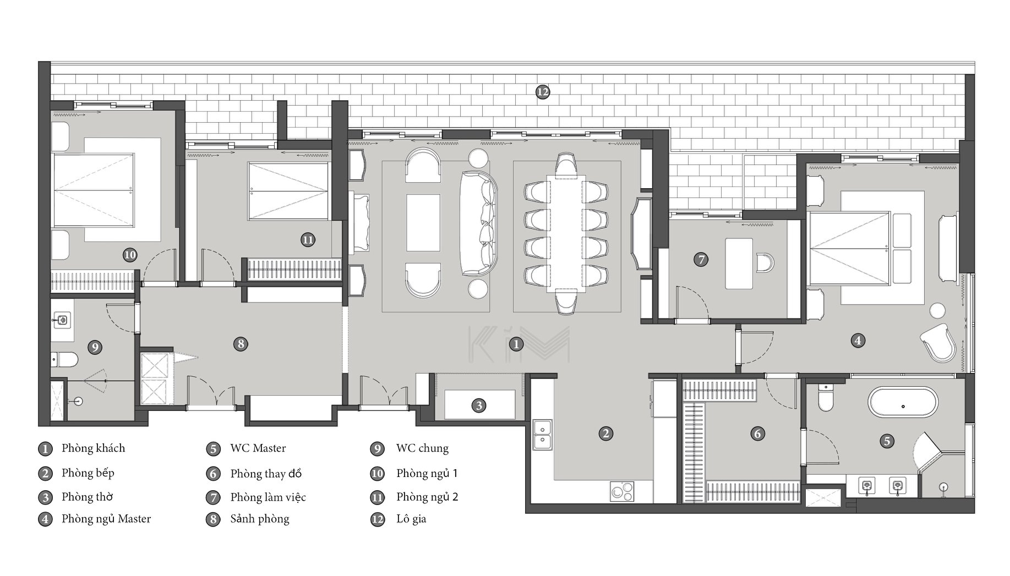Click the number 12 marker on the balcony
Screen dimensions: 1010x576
[543, 92]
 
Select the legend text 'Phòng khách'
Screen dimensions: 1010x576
[93, 448]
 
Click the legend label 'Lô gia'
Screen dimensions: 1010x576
[411, 519]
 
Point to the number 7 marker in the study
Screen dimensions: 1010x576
[701, 259]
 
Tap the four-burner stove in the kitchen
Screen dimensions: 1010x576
[622, 491]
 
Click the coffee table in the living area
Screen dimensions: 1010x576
[423, 223]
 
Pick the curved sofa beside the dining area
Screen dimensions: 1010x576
[479, 223]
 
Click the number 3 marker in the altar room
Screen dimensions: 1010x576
[479, 406]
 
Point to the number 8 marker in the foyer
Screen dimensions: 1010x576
[241, 344]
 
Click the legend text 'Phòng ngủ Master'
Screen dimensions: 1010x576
[106, 519]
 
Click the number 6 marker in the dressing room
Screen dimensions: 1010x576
[757, 434]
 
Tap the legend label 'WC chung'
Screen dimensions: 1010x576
[422, 448]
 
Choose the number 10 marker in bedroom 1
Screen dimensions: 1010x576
[130, 255]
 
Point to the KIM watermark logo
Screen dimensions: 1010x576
[518, 345]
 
